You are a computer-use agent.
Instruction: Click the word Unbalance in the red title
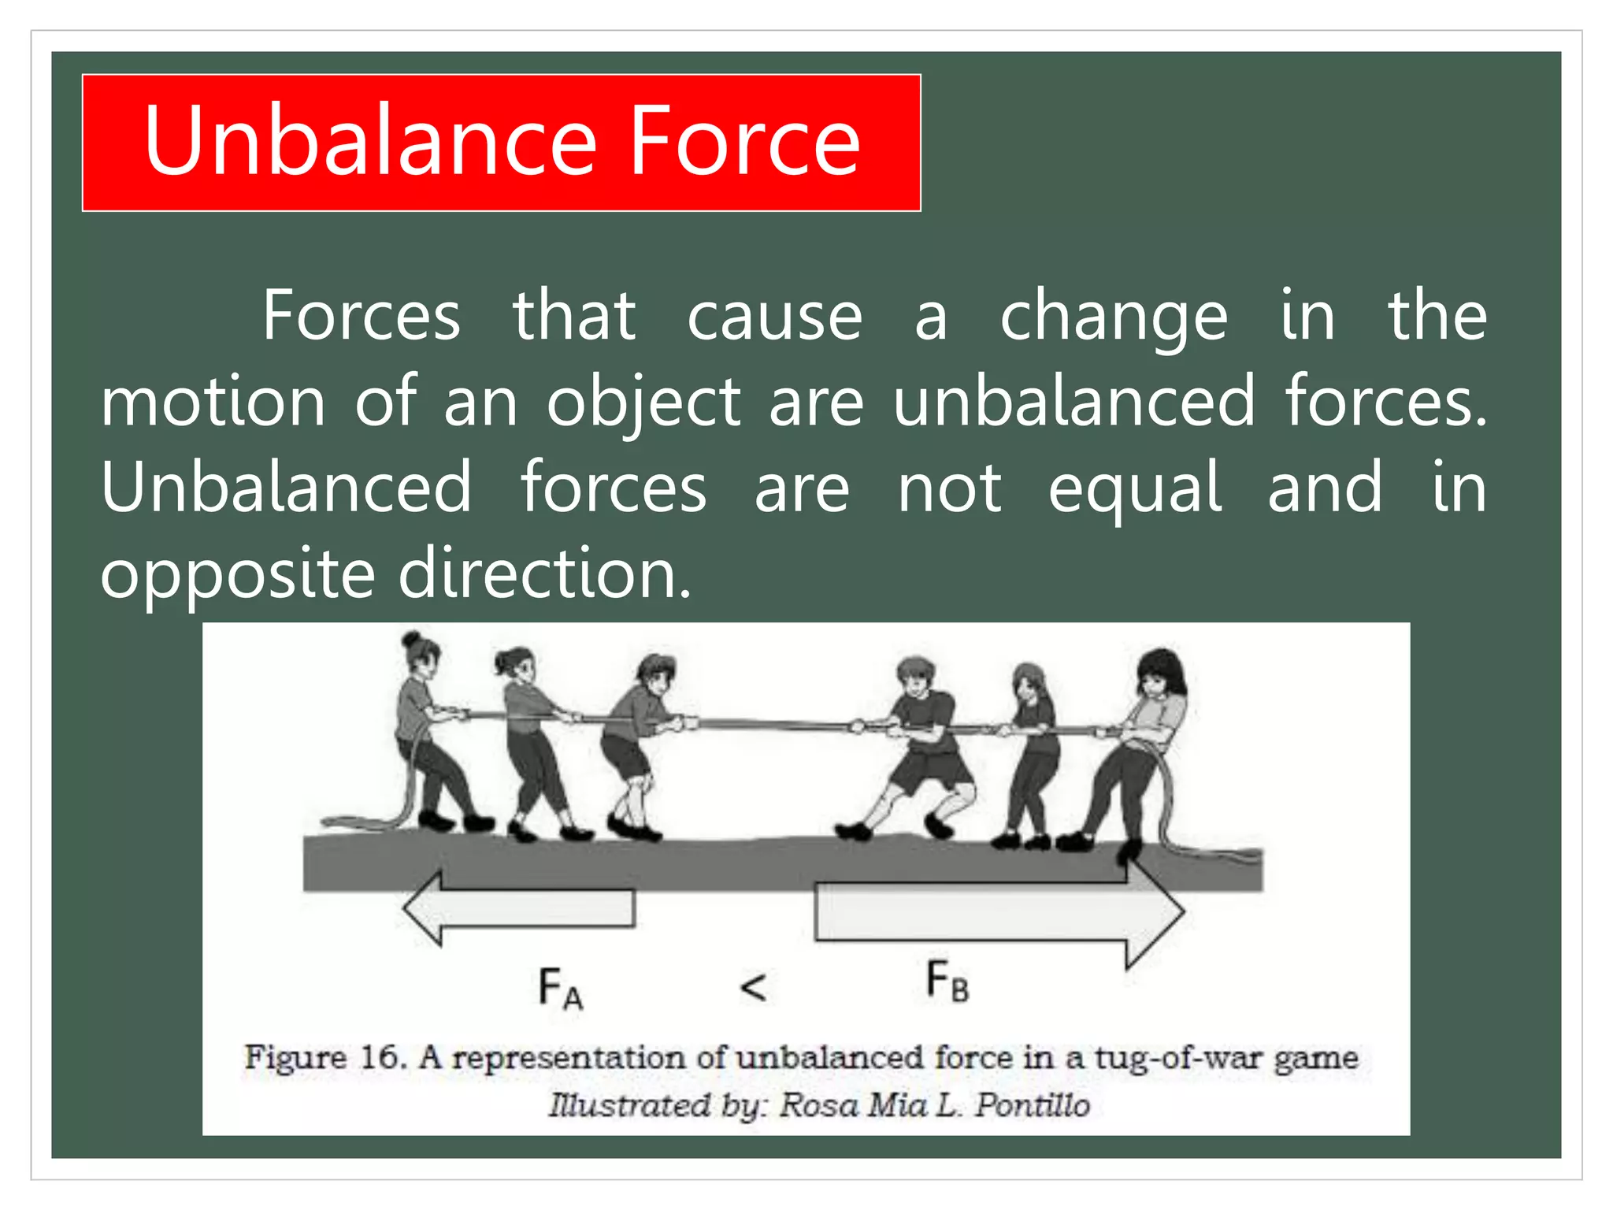click(x=370, y=142)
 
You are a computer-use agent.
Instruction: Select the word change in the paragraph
click(x=1114, y=317)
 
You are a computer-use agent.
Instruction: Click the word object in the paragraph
click(x=643, y=403)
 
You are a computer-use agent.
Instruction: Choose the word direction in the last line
click(x=545, y=573)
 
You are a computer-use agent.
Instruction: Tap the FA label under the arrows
click(x=560, y=989)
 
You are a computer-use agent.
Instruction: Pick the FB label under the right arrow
click(x=947, y=982)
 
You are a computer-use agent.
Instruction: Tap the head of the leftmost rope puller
click(x=420, y=652)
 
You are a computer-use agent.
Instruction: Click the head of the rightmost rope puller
click(x=1160, y=671)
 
